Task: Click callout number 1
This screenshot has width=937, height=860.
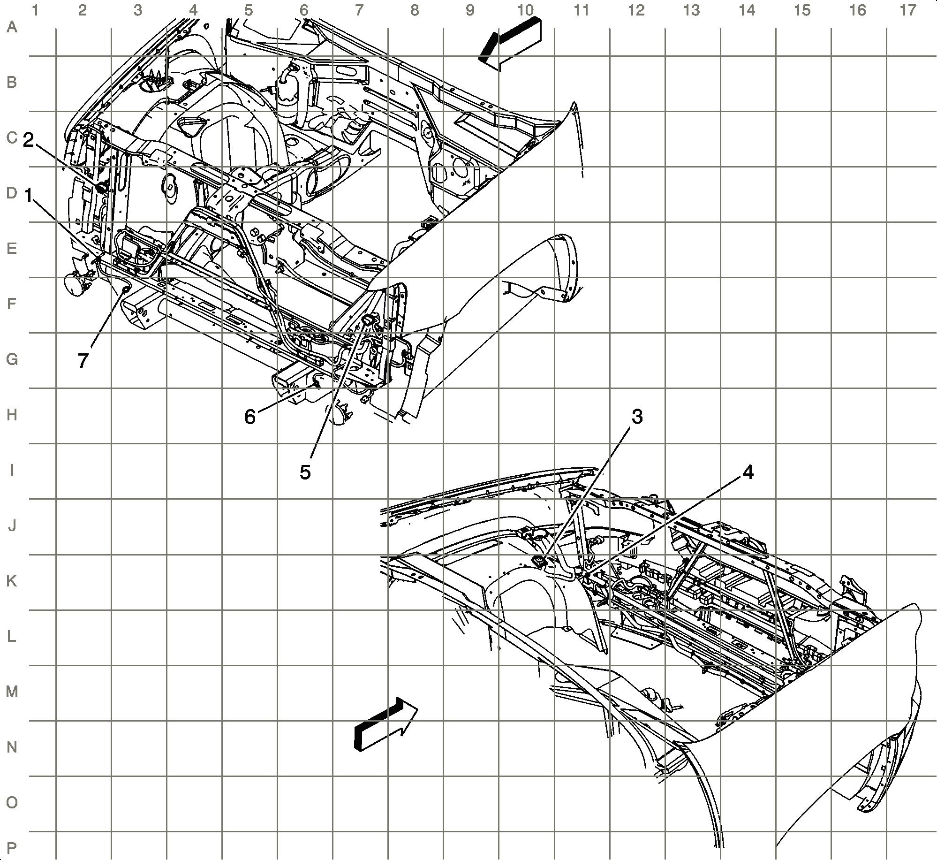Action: click(x=29, y=195)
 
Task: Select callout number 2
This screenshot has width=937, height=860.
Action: click(x=29, y=140)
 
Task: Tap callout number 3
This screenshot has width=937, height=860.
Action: click(x=637, y=417)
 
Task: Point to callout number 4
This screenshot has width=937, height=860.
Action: click(x=748, y=473)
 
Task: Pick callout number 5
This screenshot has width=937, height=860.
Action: click(x=305, y=472)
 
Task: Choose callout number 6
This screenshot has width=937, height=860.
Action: click(x=250, y=417)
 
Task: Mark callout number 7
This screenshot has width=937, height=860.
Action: click(x=83, y=361)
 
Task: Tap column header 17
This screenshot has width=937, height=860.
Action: click(x=908, y=10)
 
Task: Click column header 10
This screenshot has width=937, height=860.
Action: click(x=525, y=10)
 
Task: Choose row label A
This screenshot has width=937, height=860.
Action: click(x=12, y=27)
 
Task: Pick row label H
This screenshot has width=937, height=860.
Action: click(x=12, y=415)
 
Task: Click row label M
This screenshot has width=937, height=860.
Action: click(x=12, y=692)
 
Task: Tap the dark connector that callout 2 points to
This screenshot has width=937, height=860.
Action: click(x=100, y=188)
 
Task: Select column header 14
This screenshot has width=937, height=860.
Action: click(x=747, y=10)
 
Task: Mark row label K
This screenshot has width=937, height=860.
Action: click(x=12, y=581)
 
